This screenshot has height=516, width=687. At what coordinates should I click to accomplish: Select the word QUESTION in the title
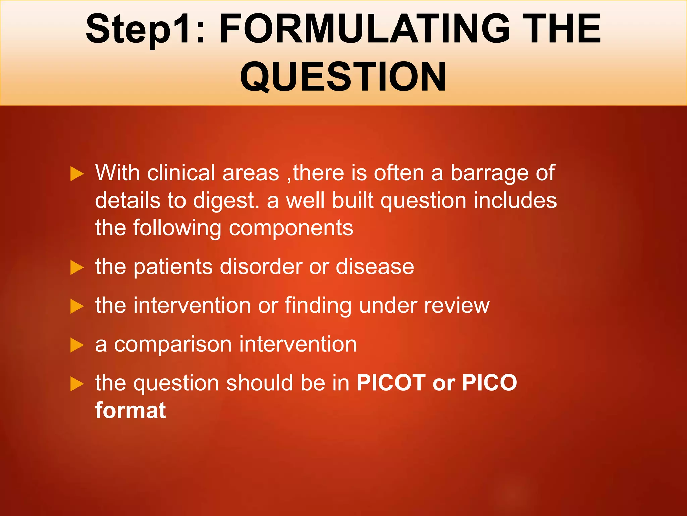343,77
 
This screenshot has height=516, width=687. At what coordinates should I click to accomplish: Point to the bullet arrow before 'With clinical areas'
77,174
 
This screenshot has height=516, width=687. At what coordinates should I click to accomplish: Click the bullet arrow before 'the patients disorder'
77,268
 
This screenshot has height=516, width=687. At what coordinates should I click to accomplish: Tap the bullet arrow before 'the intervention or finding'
77,307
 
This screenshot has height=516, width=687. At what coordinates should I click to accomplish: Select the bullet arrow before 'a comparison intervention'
77,345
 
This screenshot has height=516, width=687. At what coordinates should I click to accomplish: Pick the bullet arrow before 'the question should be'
77,384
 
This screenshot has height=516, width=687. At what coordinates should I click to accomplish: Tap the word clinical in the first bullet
181,173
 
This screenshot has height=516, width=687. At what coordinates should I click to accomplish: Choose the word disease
375,267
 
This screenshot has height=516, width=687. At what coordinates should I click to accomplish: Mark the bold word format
130,411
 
